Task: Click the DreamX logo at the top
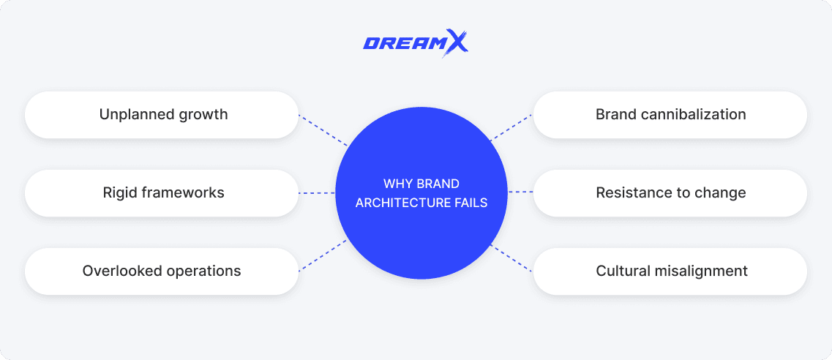coord(415,43)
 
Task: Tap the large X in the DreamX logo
coord(456,43)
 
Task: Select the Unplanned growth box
coord(162,115)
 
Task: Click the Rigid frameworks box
coord(162,193)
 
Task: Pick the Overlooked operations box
coord(162,271)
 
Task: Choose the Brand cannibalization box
coord(670,115)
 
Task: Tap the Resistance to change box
coord(670,193)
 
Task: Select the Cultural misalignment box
coord(670,271)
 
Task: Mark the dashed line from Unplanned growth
coord(323,130)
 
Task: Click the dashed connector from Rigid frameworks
coord(317,193)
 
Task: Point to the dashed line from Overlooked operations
coord(323,255)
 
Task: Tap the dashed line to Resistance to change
coord(520,192)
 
